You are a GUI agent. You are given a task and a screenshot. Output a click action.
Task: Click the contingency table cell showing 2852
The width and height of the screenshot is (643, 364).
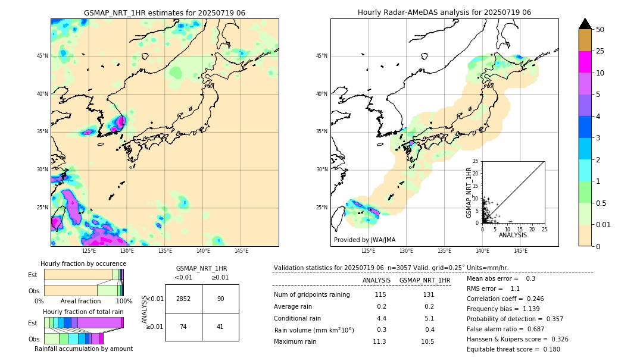click(183, 299)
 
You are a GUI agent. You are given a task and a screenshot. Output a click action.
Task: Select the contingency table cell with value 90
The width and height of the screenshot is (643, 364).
click(220, 299)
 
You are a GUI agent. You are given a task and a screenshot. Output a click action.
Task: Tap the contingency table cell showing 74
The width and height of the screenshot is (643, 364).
click(183, 327)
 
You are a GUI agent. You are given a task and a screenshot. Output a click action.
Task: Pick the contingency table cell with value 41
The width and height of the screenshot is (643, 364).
click(220, 327)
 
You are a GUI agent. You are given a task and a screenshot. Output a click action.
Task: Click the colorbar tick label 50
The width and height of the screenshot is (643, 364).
click(600, 30)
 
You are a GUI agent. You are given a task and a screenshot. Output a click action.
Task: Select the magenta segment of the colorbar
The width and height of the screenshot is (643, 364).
click(585, 62)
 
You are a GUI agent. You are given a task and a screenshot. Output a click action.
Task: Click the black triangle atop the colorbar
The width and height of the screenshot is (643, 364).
click(585, 24)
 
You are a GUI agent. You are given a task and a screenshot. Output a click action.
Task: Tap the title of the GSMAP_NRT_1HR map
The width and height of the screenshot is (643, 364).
click(164, 13)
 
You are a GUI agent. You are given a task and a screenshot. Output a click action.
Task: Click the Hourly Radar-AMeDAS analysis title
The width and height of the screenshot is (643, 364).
click(444, 12)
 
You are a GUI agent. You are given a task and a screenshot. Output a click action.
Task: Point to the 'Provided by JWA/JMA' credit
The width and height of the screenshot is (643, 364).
click(364, 240)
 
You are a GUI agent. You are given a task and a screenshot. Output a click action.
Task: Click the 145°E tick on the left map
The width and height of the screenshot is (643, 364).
click(241, 251)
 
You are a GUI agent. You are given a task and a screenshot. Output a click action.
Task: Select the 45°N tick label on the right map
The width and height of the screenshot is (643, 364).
click(321, 57)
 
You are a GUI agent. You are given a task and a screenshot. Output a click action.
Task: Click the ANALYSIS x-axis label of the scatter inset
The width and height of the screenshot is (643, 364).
click(513, 236)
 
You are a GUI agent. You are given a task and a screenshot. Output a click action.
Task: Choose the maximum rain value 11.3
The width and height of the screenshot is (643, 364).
click(379, 342)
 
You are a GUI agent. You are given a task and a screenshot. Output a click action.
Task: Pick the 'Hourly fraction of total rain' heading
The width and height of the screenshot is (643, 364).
click(83, 312)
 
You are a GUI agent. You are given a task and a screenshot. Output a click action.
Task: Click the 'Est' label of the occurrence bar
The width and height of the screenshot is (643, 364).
click(33, 275)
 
